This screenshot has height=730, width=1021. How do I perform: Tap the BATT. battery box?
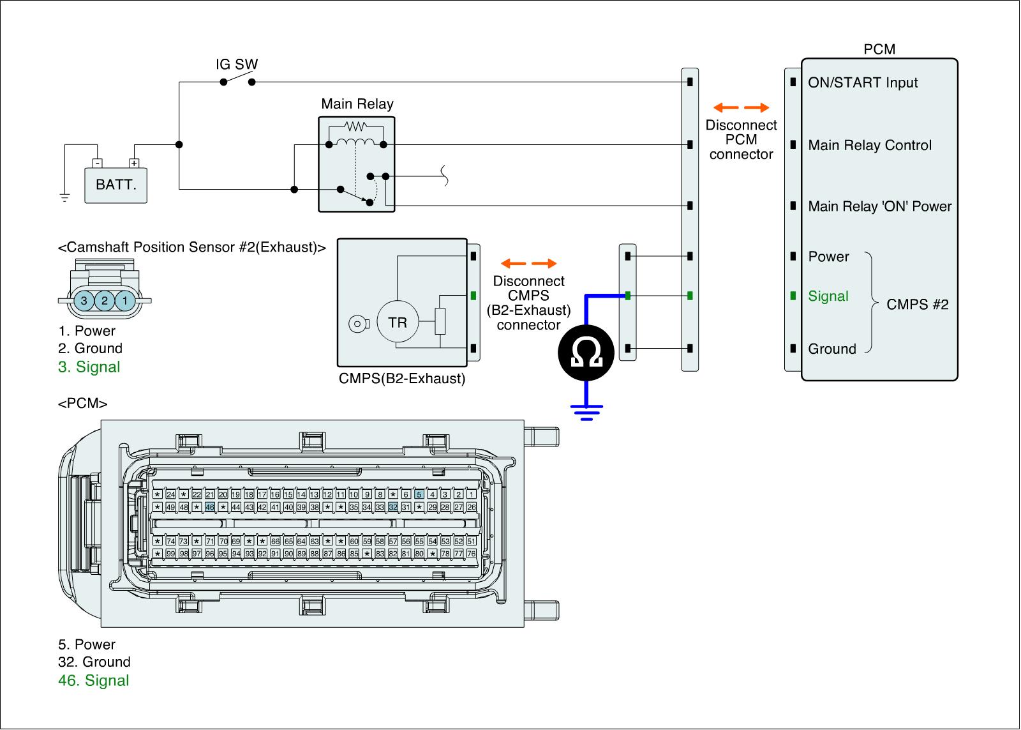click(x=116, y=185)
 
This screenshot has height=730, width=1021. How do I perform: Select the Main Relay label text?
click(x=357, y=104)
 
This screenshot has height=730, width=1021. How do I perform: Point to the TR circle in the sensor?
click(x=398, y=323)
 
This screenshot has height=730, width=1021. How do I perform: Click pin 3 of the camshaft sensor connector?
click(x=84, y=300)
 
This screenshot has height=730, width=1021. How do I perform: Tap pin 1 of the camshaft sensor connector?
click(x=126, y=300)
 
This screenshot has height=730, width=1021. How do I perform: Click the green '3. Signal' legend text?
click(x=89, y=367)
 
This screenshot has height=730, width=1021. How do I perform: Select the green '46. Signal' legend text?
click(x=94, y=681)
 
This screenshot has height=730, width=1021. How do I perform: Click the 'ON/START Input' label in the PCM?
click(x=863, y=82)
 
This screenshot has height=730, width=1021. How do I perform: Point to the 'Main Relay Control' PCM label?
click(x=870, y=146)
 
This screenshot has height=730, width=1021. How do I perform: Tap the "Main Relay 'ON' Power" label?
click(x=879, y=206)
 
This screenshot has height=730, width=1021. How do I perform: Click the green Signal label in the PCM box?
click(x=828, y=296)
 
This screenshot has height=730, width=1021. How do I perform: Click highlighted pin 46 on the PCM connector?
click(x=209, y=507)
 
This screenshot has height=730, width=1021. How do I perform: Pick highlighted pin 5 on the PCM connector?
click(x=419, y=494)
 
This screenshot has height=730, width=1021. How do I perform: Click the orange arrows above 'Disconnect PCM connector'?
click(x=741, y=107)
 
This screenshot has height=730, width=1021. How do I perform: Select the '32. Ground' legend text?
click(x=94, y=662)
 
